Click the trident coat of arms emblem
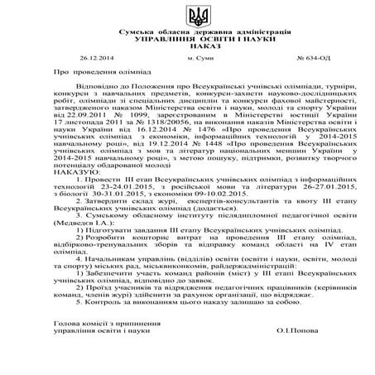pyautogui.click(x=187, y=16)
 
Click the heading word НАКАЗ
pyautogui.click(x=187, y=46)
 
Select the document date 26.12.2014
pyautogui.click(x=96, y=60)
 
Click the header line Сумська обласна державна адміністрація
pyautogui.click(x=187, y=31)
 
